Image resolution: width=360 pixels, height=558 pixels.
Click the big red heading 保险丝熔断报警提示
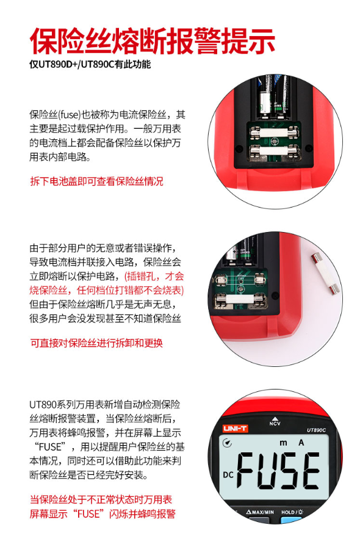pos(153,41)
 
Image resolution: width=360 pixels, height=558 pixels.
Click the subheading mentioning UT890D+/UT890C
pos(90,65)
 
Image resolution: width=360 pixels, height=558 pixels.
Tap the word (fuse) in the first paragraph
pos(70,115)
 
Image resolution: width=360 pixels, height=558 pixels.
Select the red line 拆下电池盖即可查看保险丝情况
pos(96,181)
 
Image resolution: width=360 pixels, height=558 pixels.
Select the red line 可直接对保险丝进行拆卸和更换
pos(96,342)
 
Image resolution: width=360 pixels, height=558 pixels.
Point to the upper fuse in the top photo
pos(274,132)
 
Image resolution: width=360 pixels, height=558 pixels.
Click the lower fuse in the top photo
pos(274,151)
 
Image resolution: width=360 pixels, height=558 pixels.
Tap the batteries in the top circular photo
pos(273,97)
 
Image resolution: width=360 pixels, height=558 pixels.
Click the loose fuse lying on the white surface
pos(325,274)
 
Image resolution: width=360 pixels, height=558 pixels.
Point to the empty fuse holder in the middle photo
pos(239,280)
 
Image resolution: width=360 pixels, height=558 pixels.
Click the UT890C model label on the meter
pos(316,430)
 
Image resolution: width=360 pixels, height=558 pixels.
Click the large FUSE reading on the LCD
pos(278,469)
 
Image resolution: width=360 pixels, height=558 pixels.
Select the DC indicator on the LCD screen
pos(228,474)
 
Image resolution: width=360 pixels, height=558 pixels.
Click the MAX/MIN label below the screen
pos(260,512)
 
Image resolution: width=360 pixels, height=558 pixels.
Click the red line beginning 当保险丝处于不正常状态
pos(101,499)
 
